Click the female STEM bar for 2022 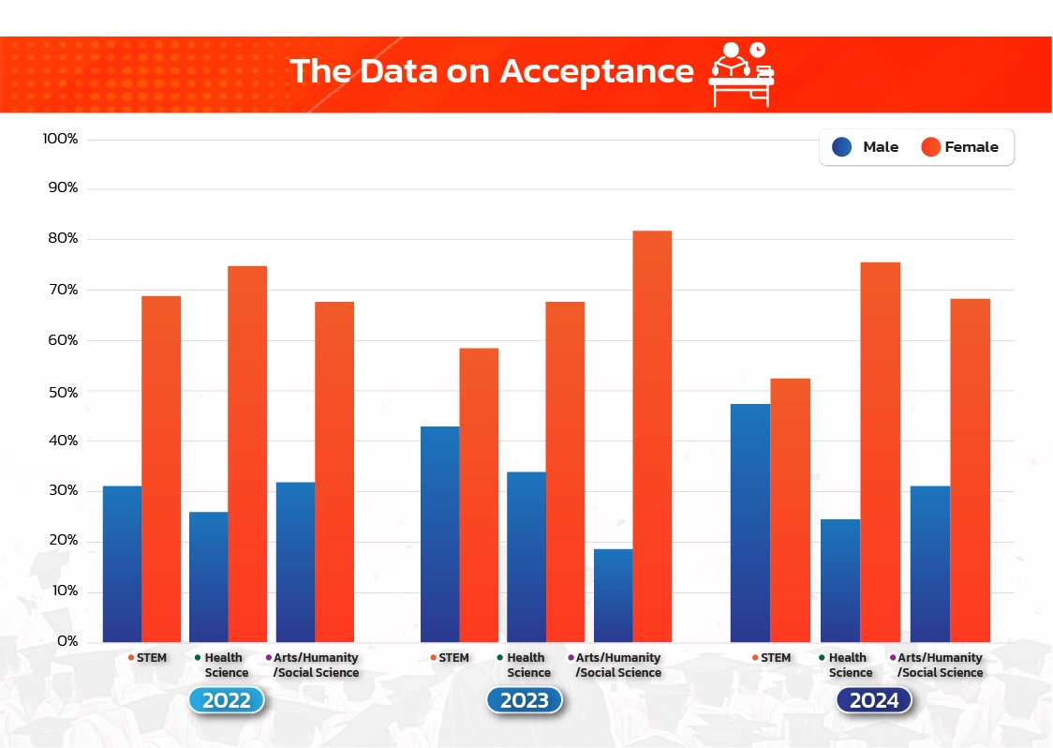(x=161, y=469)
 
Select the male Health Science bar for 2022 (x=208, y=576)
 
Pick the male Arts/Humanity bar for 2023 (x=613, y=595)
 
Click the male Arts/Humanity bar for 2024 (x=930, y=563)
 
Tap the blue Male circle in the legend (x=841, y=147)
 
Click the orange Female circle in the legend (x=930, y=147)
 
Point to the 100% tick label (x=60, y=139)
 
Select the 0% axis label (x=66, y=642)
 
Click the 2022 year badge (x=227, y=700)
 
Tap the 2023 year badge (x=525, y=700)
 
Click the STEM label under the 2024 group (x=776, y=658)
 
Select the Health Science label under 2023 (x=529, y=666)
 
